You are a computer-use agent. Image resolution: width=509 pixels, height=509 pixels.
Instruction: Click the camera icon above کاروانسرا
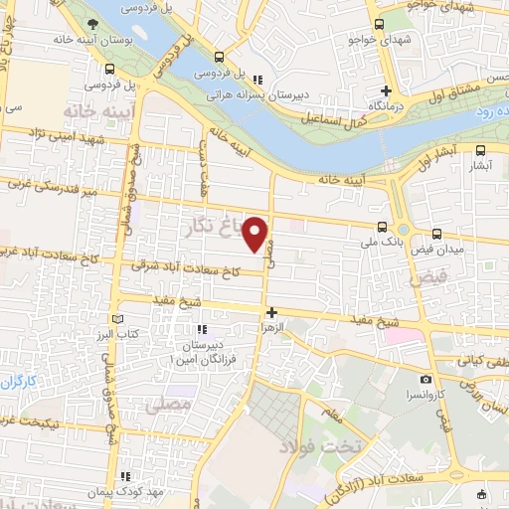click(x=425, y=379)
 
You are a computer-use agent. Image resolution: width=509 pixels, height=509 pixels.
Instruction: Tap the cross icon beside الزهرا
click(x=271, y=312)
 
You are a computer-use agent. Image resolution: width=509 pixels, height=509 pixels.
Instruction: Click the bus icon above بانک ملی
click(x=384, y=226)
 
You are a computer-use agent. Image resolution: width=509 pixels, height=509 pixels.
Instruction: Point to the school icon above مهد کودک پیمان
click(x=123, y=477)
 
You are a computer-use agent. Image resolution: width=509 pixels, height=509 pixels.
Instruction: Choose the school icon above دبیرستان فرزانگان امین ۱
click(x=201, y=329)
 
